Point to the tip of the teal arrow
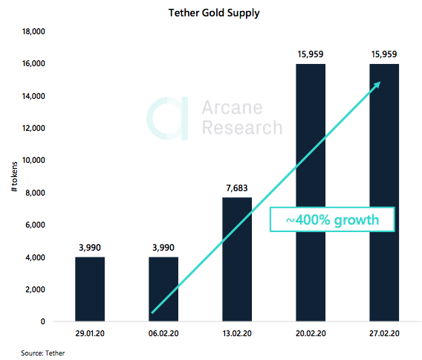[380, 83]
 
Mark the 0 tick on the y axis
[43, 321]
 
